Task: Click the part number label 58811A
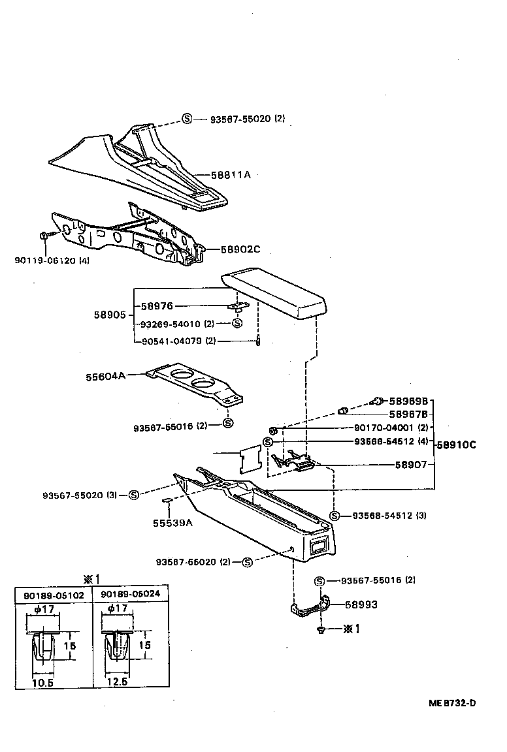coord(232,175)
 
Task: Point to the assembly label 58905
coord(109,314)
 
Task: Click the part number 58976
coord(156,305)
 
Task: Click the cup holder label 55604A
coord(105,376)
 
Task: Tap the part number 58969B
coord(408,401)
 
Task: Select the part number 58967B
coord(408,414)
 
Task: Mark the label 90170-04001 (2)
coord(391,428)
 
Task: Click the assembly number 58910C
coord(457,445)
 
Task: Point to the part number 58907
coord(411,465)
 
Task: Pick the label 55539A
coord(172,522)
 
